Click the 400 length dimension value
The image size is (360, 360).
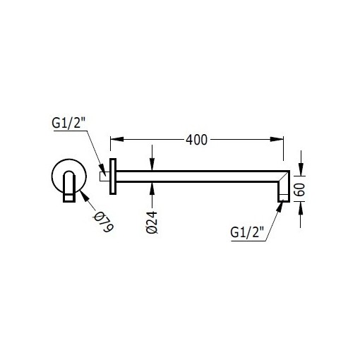pos(197,140)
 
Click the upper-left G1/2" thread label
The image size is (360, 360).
pos(68,124)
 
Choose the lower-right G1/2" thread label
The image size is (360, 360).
pos(247,232)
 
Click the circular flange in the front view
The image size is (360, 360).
pos(59,176)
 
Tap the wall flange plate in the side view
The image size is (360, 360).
pos(112,177)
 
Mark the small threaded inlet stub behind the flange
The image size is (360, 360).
pos(104,177)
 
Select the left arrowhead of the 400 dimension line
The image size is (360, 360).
pos(116,140)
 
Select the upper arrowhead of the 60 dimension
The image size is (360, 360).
pos(302,169)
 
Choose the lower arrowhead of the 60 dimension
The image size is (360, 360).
pos(302,205)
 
